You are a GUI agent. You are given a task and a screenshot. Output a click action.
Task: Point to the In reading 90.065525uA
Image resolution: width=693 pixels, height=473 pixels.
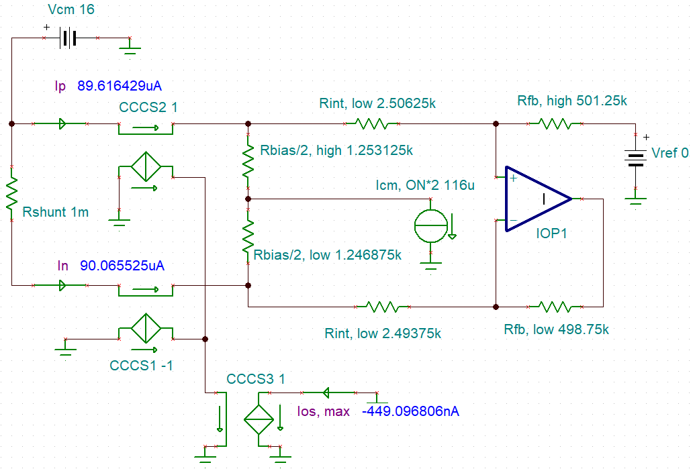click(122, 266)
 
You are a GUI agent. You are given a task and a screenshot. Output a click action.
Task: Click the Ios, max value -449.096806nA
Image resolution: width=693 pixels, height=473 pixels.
click(410, 411)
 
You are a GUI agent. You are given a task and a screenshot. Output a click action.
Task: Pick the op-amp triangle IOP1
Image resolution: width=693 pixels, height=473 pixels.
click(538, 199)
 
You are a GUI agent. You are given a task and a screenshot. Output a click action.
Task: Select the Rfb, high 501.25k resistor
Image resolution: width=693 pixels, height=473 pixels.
click(555, 123)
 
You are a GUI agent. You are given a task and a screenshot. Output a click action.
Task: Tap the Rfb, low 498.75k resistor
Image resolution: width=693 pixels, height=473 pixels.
click(555, 307)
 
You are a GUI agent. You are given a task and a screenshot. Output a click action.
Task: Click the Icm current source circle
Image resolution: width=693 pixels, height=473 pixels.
click(429, 228)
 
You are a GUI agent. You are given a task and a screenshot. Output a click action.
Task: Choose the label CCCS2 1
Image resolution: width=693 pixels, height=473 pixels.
click(148, 107)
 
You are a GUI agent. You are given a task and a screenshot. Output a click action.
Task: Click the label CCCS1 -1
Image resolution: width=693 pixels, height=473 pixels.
click(143, 366)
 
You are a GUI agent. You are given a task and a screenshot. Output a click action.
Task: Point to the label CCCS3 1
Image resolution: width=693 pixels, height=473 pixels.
click(255, 379)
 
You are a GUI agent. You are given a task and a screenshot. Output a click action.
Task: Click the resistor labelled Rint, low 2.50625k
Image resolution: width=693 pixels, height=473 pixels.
click(371, 123)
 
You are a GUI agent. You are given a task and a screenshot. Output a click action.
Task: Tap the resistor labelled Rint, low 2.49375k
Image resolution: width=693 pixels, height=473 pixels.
click(381, 307)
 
